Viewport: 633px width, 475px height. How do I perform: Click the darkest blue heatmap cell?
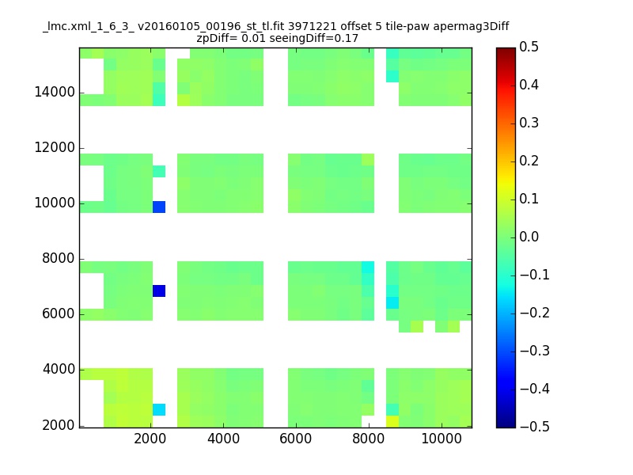[x=159, y=291]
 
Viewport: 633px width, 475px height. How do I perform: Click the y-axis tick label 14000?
[x=55, y=92]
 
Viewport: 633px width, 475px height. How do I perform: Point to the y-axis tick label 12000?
[x=55, y=147]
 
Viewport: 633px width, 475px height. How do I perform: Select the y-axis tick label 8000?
[x=58, y=258]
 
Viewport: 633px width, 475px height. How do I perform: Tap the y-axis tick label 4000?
[x=58, y=369]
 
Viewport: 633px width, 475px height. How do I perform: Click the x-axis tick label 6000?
[x=295, y=439]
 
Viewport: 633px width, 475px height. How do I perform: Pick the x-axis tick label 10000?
[x=442, y=439]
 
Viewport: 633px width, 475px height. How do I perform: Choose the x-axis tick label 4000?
[x=223, y=439]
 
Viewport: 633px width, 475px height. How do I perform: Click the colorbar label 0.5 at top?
[x=529, y=47]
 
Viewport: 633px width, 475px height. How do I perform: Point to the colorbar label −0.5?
[x=535, y=427]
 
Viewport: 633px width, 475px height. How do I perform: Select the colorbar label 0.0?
[x=529, y=237]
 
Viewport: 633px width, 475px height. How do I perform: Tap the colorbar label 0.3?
[x=529, y=123]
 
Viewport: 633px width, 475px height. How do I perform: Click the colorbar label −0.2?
[x=535, y=313]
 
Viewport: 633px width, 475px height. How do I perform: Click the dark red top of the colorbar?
[x=506, y=51]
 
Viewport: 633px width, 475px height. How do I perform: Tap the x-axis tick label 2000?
[x=150, y=439]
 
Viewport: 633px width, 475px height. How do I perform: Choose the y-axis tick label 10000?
[x=55, y=203]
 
